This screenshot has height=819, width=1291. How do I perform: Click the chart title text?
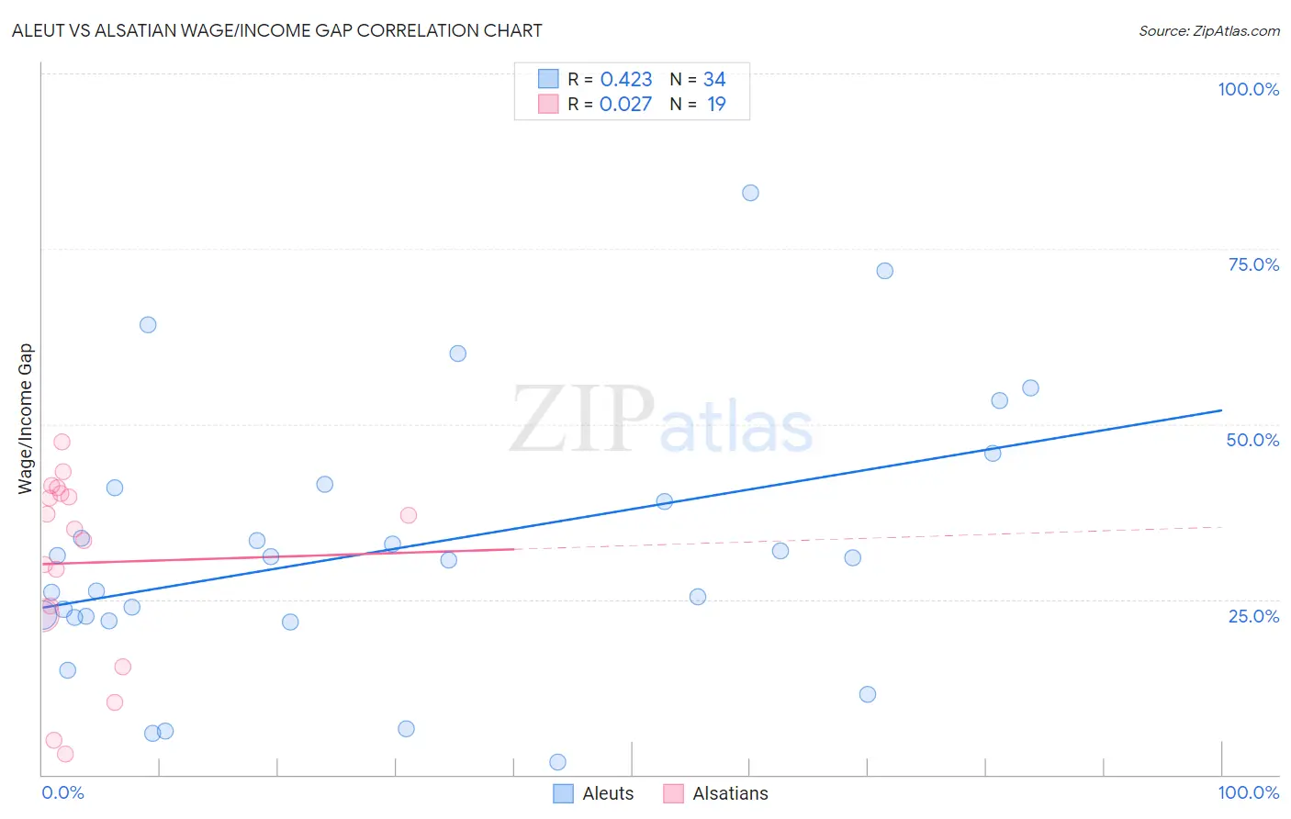click(276, 30)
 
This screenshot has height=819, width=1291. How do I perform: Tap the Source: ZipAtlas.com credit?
click(1208, 30)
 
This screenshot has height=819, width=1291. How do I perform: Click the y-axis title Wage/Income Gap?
click(26, 419)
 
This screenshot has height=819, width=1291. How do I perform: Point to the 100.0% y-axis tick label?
click(1248, 89)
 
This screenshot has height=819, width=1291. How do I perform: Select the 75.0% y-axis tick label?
click(1253, 264)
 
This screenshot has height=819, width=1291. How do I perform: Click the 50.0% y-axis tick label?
click(1252, 440)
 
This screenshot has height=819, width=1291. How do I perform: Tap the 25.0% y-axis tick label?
click(1253, 616)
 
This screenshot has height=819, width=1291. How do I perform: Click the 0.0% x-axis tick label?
click(62, 792)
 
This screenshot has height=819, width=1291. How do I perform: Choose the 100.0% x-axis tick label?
click(1248, 792)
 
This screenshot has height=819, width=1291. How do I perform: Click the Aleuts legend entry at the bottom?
click(594, 793)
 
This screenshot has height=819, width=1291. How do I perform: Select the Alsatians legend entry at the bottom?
click(716, 793)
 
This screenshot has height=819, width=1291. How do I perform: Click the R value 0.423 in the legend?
click(626, 80)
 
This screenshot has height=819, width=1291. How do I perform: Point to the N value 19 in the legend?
click(716, 105)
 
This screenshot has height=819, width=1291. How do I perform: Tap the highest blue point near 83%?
click(750, 193)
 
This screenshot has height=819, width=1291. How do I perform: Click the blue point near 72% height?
click(884, 271)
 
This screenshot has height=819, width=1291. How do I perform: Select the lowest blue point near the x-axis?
click(557, 762)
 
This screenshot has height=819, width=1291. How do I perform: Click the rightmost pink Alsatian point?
click(409, 515)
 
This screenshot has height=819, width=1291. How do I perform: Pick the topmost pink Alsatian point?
click(62, 442)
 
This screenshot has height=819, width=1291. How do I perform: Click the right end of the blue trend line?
click(1221, 410)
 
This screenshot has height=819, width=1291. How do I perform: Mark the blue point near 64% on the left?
click(148, 325)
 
